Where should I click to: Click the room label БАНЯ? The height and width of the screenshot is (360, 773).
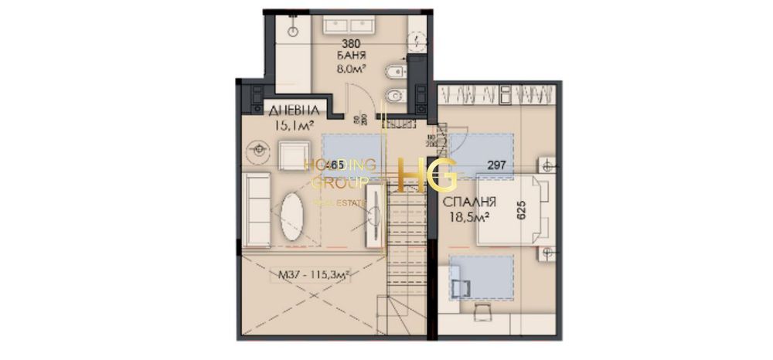pyautogui.click(x=352, y=56)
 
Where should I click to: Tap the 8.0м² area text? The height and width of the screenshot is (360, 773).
pyautogui.click(x=352, y=68)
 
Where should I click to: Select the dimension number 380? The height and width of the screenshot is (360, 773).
pyautogui.click(x=352, y=45)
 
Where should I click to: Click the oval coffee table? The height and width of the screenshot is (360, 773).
pyautogui.click(x=293, y=215)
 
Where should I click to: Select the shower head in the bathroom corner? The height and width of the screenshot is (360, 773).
pyautogui.click(x=295, y=31)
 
